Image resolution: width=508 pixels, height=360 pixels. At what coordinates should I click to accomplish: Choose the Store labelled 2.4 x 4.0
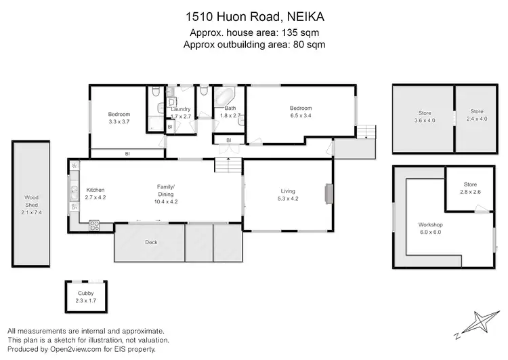pyautogui.click(x=478, y=116)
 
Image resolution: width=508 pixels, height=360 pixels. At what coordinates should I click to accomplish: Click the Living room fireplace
pyautogui.click(x=329, y=194)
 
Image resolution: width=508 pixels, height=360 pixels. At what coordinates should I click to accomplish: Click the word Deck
pyautogui.click(x=151, y=242)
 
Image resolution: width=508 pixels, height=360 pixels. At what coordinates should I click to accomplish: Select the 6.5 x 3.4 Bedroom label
pyautogui.click(x=301, y=113)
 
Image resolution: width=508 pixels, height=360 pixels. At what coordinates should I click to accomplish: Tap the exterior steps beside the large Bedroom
pyautogui.click(x=365, y=131)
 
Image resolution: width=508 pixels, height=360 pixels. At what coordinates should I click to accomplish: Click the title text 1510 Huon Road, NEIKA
pyautogui.click(x=253, y=15)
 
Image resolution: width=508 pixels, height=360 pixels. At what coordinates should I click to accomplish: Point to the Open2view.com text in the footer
pyautogui.click(x=79, y=349)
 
